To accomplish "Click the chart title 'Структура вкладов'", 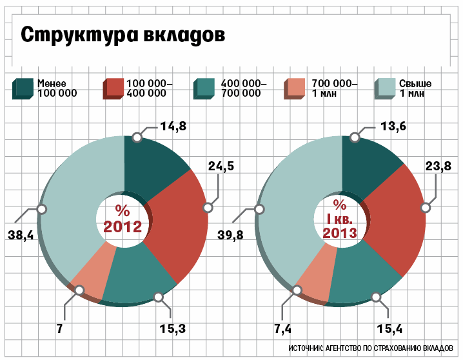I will click(123, 35).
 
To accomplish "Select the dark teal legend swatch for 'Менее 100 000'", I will click(23, 88).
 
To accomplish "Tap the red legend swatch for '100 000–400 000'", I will click(112, 88).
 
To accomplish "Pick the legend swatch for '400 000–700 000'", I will click(204, 88).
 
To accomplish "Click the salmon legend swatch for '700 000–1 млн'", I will click(294, 88).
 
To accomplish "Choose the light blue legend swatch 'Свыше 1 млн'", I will click(385, 88).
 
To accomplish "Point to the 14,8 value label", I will click(173, 126).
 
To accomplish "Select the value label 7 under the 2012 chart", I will click(59, 329).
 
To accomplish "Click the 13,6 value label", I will click(392, 126).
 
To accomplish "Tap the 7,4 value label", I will click(282, 329).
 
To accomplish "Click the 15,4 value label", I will click(390, 329).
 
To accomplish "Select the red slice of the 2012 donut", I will click(181, 219).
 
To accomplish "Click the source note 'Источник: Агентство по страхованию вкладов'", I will click(374, 348).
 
